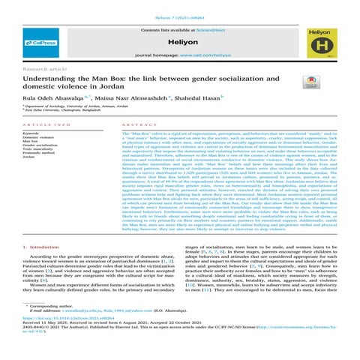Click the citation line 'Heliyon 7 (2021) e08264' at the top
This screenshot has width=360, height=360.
pos(180,6)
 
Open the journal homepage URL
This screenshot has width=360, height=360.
pos(199,57)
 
